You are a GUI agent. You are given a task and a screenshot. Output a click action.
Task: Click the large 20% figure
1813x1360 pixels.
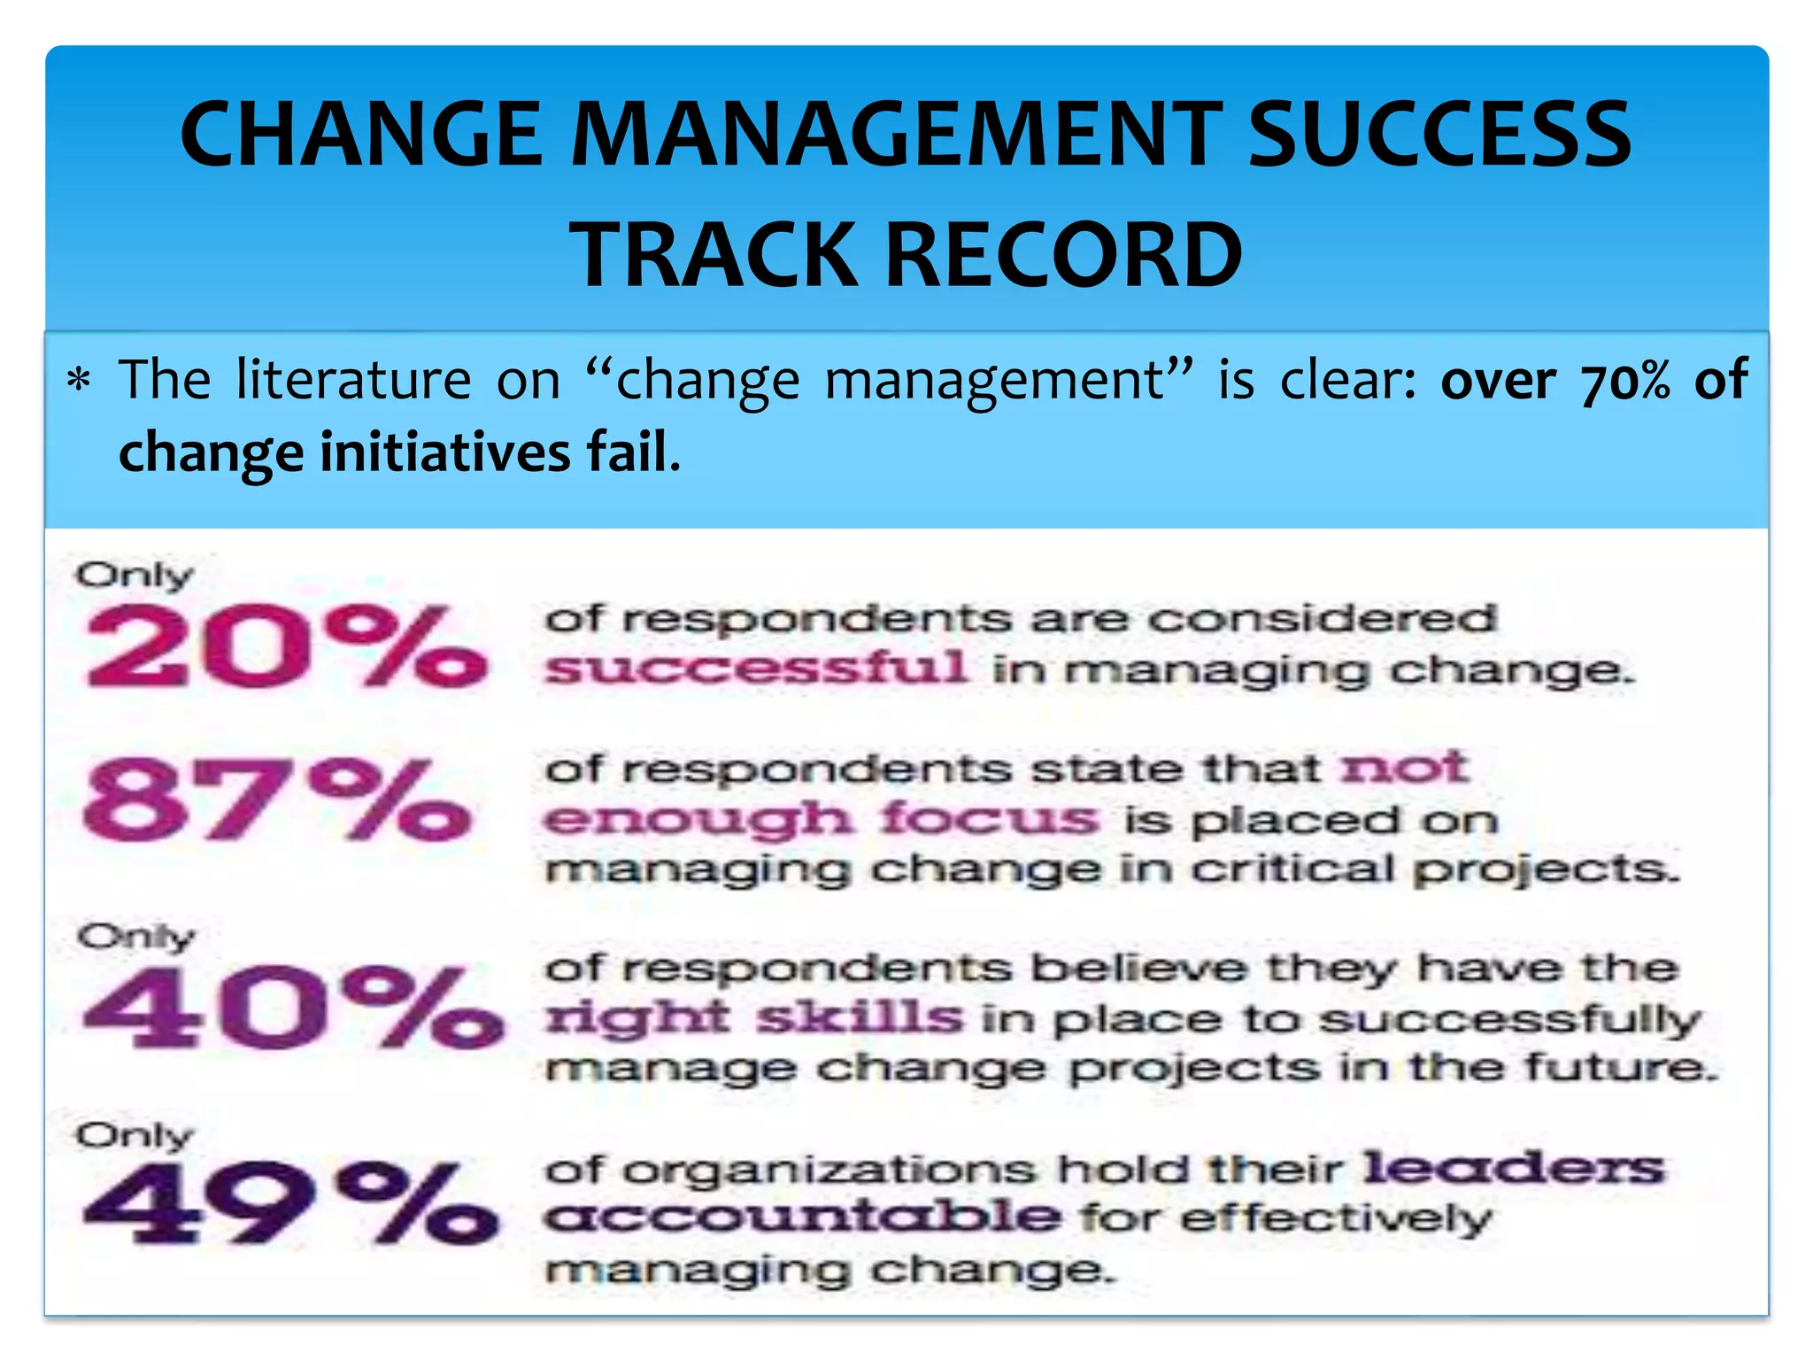click(285, 645)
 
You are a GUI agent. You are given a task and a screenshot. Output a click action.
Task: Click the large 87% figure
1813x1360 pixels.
click(276, 800)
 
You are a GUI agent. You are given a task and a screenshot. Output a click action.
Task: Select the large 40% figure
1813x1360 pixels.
click(292, 1007)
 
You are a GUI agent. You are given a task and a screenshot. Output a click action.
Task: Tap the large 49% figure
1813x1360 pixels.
click(290, 1203)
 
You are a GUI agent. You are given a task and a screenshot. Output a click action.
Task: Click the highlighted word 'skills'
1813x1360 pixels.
click(859, 1016)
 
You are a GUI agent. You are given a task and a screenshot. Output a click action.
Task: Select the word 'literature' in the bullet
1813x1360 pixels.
click(354, 380)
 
